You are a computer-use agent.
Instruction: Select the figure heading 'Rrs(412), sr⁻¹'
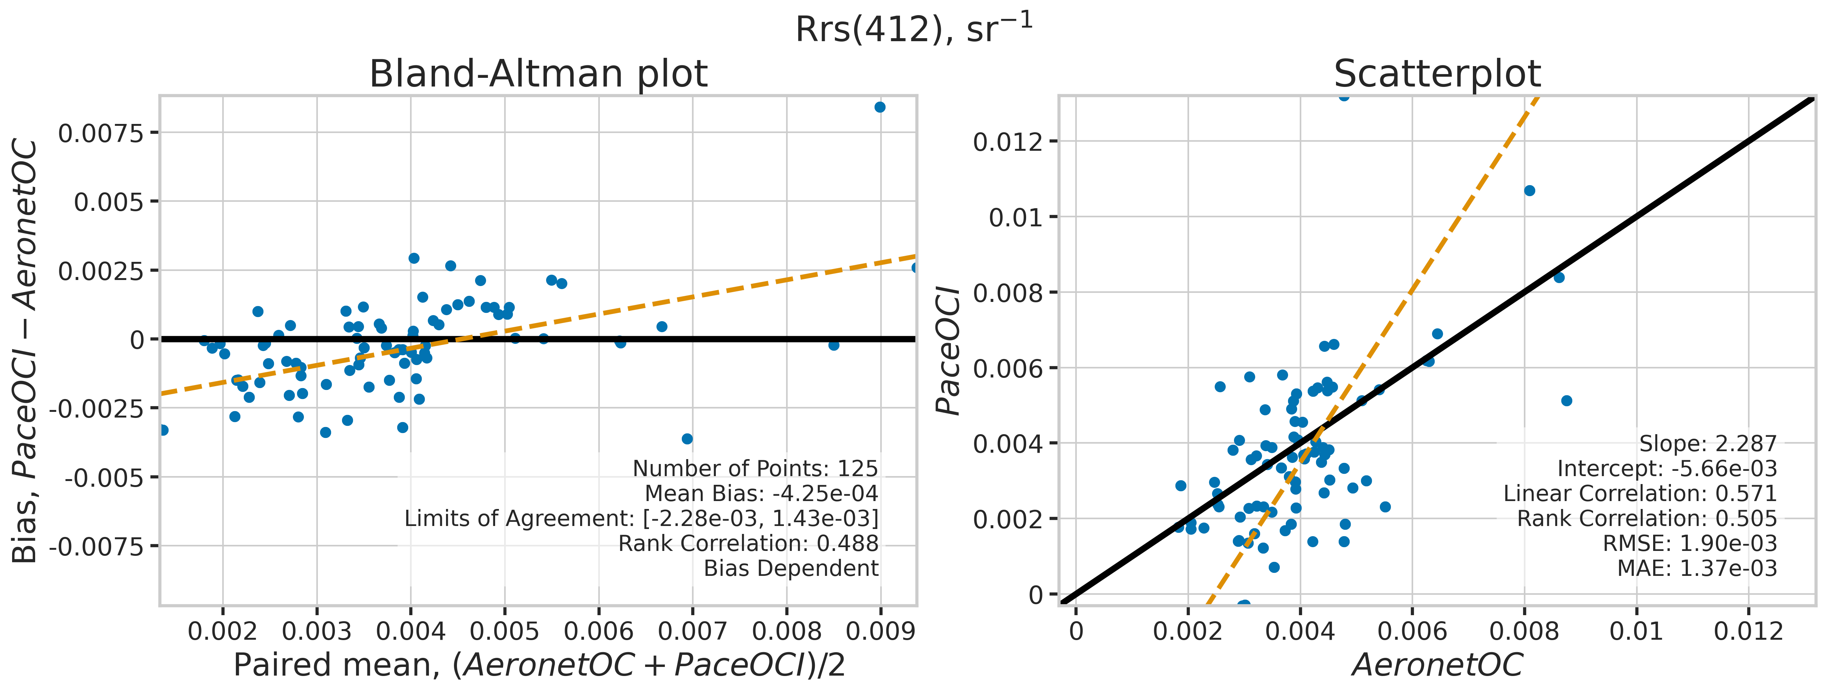click(x=913, y=29)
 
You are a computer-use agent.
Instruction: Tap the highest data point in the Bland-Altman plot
click(x=879, y=107)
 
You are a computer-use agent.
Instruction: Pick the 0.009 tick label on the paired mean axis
click(x=881, y=631)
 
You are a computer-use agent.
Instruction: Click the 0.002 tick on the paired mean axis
click(x=223, y=631)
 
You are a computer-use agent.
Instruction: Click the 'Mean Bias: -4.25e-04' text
click(x=761, y=494)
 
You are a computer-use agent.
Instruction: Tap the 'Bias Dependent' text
click(x=791, y=568)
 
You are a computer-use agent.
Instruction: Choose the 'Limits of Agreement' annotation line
click(x=641, y=518)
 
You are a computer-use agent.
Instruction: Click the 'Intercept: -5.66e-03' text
click(x=1667, y=469)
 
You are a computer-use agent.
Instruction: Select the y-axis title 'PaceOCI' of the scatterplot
click(x=948, y=351)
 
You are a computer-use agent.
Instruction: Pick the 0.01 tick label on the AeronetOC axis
click(x=1636, y=631)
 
